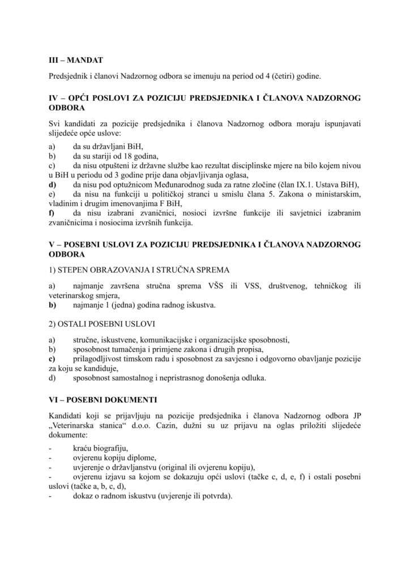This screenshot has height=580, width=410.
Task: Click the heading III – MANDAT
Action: point(75,58)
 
